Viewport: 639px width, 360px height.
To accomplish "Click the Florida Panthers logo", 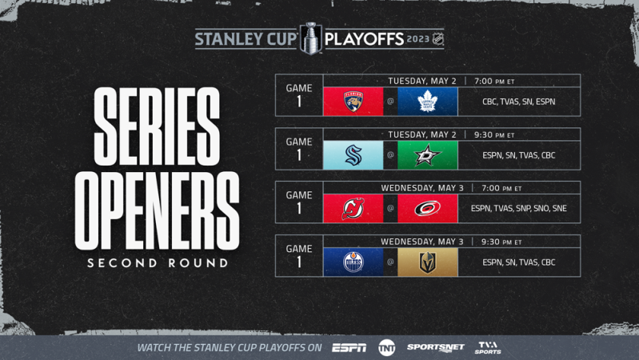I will (353, 102).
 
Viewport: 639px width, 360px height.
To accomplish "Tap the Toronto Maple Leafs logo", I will (427, 102).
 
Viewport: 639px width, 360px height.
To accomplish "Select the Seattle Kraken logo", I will (353, 155).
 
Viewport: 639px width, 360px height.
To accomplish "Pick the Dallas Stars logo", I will (427, 155).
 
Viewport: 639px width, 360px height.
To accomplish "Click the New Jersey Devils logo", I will (353, 209).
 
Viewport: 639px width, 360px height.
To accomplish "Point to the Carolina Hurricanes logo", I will (427, 209).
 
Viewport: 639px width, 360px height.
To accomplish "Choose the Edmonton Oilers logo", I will (353, 262).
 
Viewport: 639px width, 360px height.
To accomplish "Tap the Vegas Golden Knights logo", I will (427, 262).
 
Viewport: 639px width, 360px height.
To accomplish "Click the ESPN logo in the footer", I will (349, 348).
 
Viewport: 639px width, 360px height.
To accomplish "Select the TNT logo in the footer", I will (387, 347).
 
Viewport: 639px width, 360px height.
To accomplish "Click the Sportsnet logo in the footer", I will (435, 347).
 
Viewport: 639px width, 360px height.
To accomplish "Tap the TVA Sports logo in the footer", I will (488, 347).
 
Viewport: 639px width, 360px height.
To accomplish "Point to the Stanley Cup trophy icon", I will (309, 38).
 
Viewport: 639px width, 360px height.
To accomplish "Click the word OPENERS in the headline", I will (157, 211).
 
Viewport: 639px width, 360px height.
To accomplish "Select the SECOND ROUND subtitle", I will (158, 263).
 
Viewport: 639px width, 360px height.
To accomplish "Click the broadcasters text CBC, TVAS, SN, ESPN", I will (518, 102).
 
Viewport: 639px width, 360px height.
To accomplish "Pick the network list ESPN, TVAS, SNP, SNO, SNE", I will (518, 209).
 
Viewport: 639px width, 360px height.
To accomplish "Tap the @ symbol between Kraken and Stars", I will (390, 155).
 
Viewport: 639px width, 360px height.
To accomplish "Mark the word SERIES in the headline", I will (157, 126).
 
